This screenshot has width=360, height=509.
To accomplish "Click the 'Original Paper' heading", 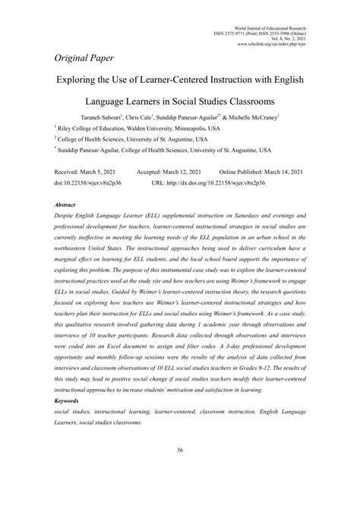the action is click(x=88, y=58).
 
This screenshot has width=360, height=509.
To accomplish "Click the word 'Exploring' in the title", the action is click(x=81, y=78).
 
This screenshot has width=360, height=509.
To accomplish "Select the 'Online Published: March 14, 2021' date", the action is click(x=263, y=172).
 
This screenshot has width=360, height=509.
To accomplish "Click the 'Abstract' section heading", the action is click(x=65, y=205).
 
